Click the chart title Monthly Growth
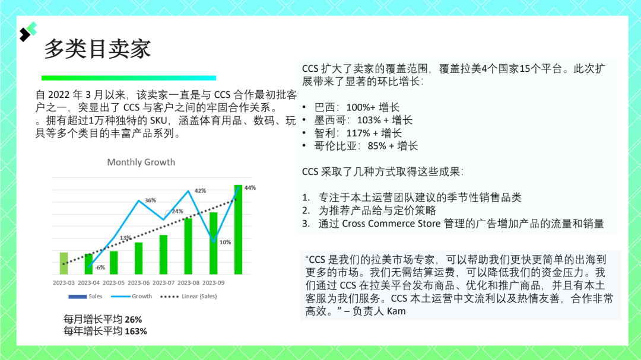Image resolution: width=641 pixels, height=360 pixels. [x=141, y=163]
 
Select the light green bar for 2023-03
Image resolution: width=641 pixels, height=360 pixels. [x=64, y=263]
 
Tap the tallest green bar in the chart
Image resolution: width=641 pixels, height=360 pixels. [x=238, y=230]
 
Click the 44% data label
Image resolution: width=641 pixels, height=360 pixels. [x=250, y=187]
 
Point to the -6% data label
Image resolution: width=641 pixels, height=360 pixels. [x=100, y=267]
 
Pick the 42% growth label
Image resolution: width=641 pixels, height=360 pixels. [x=201, y=191]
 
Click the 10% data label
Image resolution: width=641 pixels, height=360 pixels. [x=226, y=242]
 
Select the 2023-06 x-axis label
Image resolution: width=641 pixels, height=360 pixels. [x=138, y=283]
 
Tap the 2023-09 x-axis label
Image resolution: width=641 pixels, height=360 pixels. [x=214, y=283]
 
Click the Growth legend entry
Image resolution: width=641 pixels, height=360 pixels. [x=132, y=297]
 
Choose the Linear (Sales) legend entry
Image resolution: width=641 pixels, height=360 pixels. [x=189, y=297]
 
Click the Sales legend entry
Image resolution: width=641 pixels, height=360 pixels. [x=85, y=297]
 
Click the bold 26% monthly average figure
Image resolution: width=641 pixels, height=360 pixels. [x=134, y=320]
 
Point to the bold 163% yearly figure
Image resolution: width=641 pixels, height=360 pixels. [x=136, y=332]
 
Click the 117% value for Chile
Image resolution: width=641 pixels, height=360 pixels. [x=358, y=133]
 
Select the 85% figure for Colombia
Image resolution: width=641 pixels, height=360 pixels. [x=377, y=146]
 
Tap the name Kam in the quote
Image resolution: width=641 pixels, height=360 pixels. [x=396, y=311]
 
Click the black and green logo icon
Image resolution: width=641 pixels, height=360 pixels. [x=28, y=31]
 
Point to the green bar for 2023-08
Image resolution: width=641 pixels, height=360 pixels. [x=188, y=246]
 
